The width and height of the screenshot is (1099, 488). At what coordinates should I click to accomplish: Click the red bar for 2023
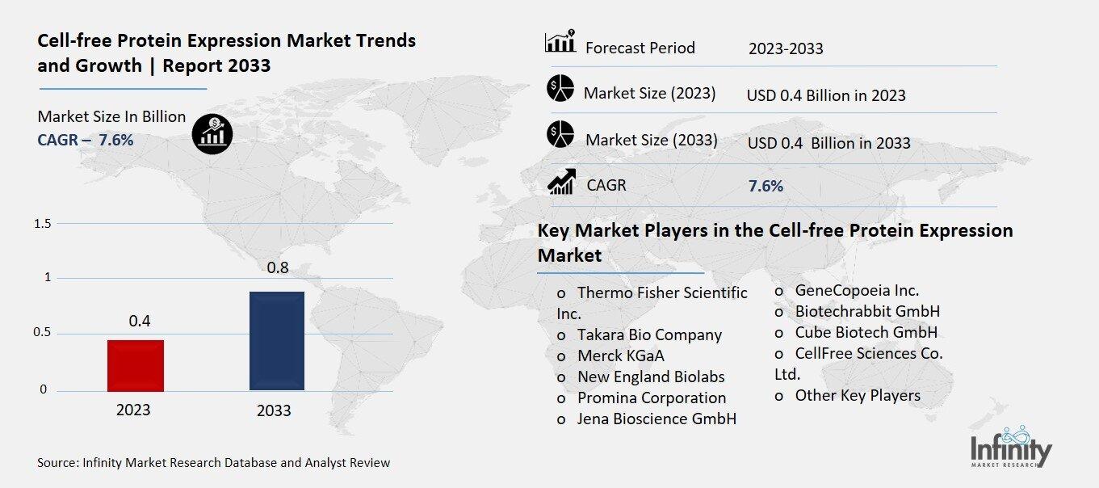click(x=136, y=365)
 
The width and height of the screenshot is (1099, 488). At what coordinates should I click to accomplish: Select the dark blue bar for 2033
click(x=277, y=340)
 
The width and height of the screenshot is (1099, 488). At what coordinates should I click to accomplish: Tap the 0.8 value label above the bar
click(x=278, y=267)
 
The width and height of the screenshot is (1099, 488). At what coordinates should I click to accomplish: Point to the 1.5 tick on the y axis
click(x=43, y=223)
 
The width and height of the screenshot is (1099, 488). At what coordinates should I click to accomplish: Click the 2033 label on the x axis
click(x=274, y=410)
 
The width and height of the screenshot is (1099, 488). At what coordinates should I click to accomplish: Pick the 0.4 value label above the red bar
click(x=140, y=321)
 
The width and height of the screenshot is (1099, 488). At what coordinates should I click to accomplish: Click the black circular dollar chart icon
click(x=212, y=133)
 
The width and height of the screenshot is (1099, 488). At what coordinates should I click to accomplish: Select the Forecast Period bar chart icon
click(x=560, y=42)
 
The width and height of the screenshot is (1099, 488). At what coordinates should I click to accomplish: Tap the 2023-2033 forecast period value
click(x=786, y=48)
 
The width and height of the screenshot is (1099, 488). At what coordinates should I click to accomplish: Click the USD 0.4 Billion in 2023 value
click(x=826, y=95)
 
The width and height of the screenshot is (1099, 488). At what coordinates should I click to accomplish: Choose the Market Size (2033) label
click(x=651, y=140)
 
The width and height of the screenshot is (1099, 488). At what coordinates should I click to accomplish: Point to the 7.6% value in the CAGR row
click(x=766, y=186)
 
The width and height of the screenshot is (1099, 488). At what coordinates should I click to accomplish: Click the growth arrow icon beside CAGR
click(x=561, y=182)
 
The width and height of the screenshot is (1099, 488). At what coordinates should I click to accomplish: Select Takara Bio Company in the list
click(x=649, y=334)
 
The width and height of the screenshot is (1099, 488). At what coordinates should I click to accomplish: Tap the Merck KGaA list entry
click(x=621, y=355)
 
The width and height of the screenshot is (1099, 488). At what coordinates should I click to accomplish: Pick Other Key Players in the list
click(x=858, y=395)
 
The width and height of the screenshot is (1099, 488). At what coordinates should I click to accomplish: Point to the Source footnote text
click(x=213, y=463)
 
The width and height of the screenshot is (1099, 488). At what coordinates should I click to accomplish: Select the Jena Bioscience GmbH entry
click(x=656, y=419)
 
